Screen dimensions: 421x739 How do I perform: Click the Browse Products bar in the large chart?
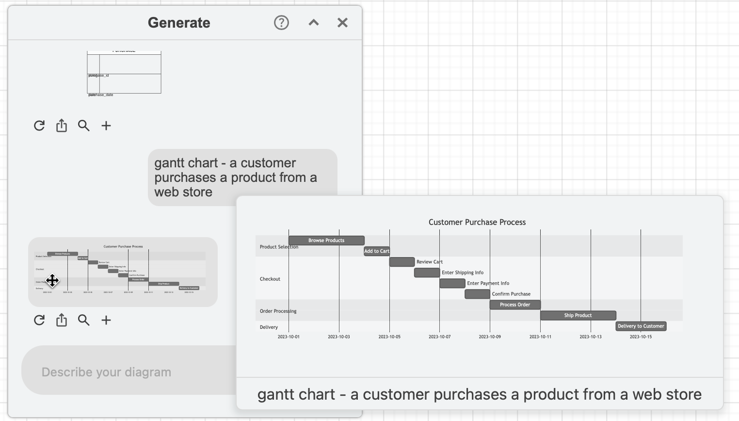click(x=326, y=241)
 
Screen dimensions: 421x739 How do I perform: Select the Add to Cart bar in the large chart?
click(x=377, y=251)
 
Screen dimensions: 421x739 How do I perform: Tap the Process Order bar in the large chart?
click(x=515, y=305)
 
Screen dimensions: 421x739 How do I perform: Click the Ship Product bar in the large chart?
click(x=578, y=315)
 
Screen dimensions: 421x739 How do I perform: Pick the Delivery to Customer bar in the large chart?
click(x=641, y=326)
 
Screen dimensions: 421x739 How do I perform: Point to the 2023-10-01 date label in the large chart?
click(x=289, y=337)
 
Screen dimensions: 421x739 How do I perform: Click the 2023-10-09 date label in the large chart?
click(x=490, y=337)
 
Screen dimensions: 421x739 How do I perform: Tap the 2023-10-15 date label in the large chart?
click(x=641, y=337)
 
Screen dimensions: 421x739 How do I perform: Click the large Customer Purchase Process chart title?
click(x=477, y=222)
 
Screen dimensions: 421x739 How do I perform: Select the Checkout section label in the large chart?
click(x=270, y=279)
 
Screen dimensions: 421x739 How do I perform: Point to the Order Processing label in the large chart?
click(x=278, y=311)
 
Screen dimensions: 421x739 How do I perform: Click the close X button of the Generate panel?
click(x=342, y=23)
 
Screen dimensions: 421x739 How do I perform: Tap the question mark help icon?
click(x=281, y=23)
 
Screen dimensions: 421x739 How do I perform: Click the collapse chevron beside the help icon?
click(x=314, y=23)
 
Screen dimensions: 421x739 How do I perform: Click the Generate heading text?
click(x=179, y=23)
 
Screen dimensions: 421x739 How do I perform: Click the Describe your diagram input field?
click(x=126, y=372)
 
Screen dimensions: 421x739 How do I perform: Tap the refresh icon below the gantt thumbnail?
click(x=39, y=320)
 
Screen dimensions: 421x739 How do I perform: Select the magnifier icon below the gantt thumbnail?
click(x=84, y=320)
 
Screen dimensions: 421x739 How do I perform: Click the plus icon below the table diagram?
click(x=106, y=126)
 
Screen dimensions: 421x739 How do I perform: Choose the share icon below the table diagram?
click(x=62, y=126)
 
